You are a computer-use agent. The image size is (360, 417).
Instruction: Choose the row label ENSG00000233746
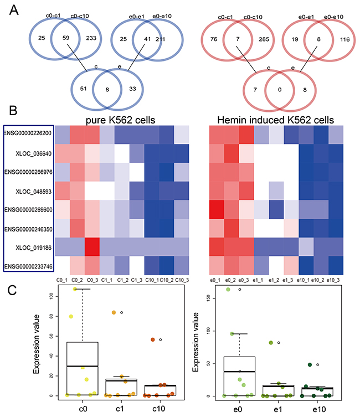coord(28,267)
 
